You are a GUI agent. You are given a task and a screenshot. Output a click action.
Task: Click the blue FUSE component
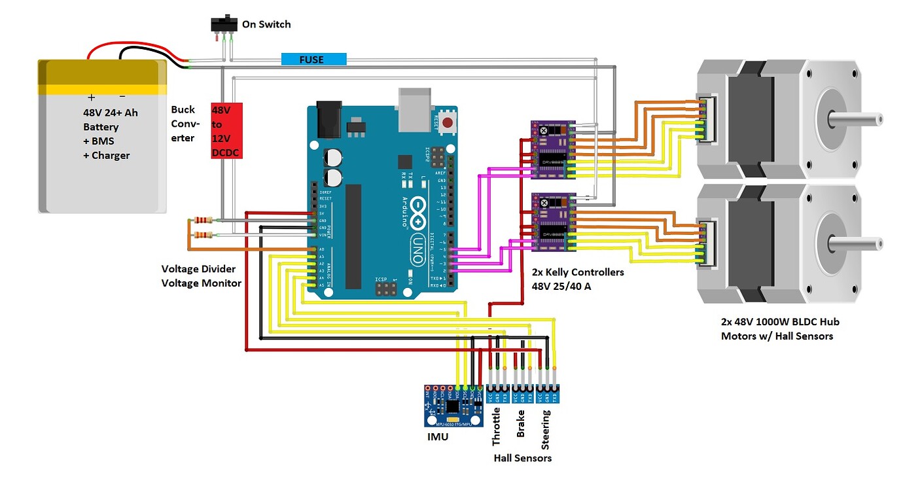coord(313,60)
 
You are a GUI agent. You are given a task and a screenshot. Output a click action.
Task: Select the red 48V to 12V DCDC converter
coord(226,131)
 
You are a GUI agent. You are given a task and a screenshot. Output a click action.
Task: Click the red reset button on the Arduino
coord(448,122)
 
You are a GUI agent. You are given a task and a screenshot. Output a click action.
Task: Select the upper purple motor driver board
coord(552,150)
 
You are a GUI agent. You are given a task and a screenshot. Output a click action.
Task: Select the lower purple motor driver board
coord(552,222)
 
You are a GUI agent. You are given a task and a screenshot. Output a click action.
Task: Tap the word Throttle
coord(497,427)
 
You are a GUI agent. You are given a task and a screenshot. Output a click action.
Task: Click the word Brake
coord(522,424)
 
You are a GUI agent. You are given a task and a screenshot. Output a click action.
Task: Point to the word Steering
coord(546,426)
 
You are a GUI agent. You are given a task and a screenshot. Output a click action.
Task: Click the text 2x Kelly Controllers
coord(578,272)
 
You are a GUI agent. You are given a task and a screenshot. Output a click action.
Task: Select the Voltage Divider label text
coord(198,269)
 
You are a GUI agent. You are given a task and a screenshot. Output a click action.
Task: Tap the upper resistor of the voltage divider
coord(204,220)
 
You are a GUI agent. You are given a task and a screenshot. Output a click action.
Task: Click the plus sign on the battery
coord(91,96)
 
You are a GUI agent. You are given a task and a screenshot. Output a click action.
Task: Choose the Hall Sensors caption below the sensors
coord(522,458)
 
